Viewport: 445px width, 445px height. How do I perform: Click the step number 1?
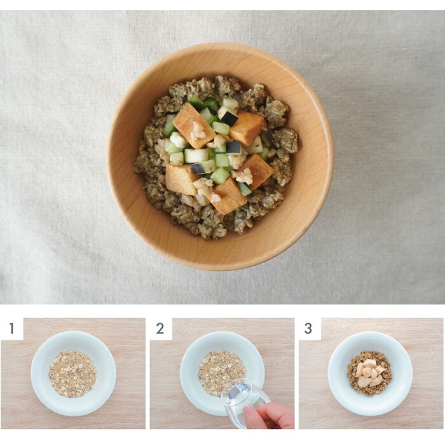(11, 328)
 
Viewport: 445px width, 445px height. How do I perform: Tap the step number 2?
(160, 328)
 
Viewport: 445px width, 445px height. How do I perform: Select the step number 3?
(308, 328)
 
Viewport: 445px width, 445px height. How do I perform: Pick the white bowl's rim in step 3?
(370, 334)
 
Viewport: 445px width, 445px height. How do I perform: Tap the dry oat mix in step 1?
(73, 374)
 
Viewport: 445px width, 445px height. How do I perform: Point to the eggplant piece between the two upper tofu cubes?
(228, 116)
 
